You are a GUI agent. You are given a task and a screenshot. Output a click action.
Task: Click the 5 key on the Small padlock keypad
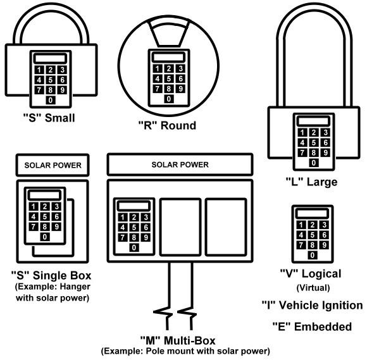click(51, 80)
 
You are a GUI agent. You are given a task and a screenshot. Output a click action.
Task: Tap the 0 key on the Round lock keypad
click(169, 99)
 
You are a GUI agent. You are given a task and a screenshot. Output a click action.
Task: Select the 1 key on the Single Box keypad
click(34, 206)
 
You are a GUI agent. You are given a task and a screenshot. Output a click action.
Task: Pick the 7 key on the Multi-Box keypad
click(122, 237)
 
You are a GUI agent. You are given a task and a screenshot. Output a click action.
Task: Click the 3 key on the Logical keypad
click(324, 225)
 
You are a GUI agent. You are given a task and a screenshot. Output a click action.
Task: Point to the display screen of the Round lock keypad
click(168, 58)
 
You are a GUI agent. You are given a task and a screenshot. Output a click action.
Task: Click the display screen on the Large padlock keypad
click(313, 121)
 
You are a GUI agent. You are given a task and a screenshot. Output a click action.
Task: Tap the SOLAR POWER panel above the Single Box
click(53, 165)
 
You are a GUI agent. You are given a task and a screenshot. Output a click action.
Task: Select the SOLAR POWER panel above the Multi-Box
click(180, 164)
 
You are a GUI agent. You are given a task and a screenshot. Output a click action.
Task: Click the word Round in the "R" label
click(178, 125)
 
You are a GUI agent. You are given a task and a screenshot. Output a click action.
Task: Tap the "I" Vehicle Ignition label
click(312, 305)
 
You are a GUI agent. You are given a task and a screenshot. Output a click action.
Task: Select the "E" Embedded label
click(312, 326)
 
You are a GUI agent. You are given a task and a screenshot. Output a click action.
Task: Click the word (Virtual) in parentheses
click(313, 288)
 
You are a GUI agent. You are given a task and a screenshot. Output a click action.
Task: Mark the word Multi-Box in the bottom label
click(190, 340)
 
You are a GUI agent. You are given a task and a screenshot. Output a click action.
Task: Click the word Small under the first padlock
click(60, 118)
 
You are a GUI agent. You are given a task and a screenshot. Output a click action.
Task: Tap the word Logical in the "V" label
click(321, 274)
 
